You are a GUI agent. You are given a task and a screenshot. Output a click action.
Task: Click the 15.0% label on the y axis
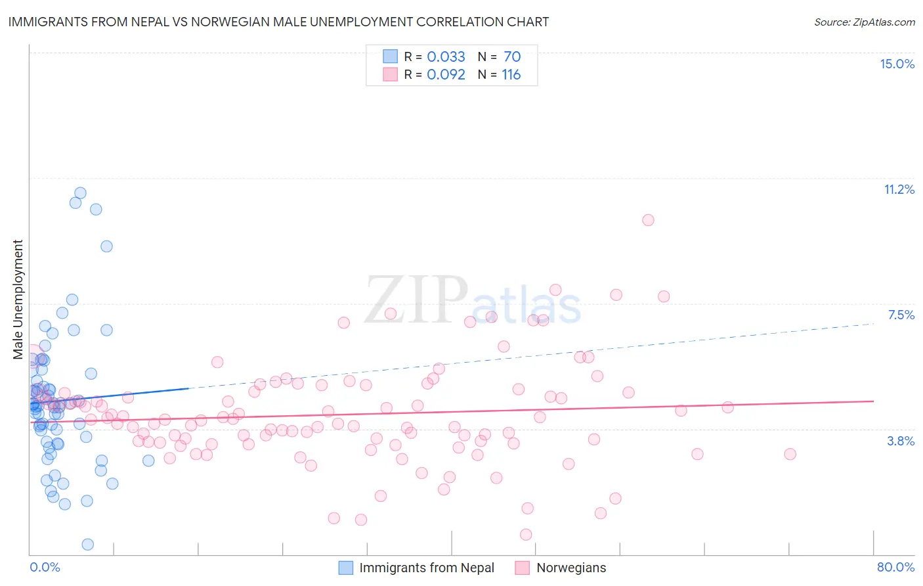(x=897, y=64)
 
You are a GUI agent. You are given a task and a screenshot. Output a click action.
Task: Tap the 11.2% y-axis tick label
(x=899, y=189)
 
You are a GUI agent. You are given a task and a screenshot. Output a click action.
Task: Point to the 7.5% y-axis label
(x=901, y=315)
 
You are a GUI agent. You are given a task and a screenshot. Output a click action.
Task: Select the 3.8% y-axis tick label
(x=901, y=441)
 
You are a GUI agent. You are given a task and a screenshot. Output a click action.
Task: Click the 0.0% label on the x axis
(x=45, y=567)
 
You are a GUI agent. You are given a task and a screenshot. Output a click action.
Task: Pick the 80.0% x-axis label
(x=895, y=567)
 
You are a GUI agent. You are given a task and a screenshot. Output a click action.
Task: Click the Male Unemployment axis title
(x=18, y=300)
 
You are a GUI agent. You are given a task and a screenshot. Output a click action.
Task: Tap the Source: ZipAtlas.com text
(x=864, y=22)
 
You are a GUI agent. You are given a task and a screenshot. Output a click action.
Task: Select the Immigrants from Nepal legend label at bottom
(x=427, y=568)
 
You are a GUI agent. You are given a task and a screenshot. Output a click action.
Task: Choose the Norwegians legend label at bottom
(x=571, y=568)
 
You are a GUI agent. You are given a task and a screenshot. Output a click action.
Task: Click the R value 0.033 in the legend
(x=446, y=56)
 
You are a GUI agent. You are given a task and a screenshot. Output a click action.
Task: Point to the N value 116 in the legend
(x=511, y=75)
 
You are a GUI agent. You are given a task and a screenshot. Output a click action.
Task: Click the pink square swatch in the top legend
(x=391, y=75)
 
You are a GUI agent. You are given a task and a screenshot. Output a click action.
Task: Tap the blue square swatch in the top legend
(x=391, y=56)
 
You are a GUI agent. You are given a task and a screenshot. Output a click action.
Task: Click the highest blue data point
(x=80, y=193)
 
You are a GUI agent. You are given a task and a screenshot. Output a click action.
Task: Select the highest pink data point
(x=648, y=220)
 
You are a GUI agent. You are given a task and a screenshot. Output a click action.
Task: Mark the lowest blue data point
(x=87, y=544)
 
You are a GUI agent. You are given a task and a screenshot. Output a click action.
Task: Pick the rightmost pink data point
(x=790, y=454)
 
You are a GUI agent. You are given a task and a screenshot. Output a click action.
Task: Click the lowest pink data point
(x=526, y=535)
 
